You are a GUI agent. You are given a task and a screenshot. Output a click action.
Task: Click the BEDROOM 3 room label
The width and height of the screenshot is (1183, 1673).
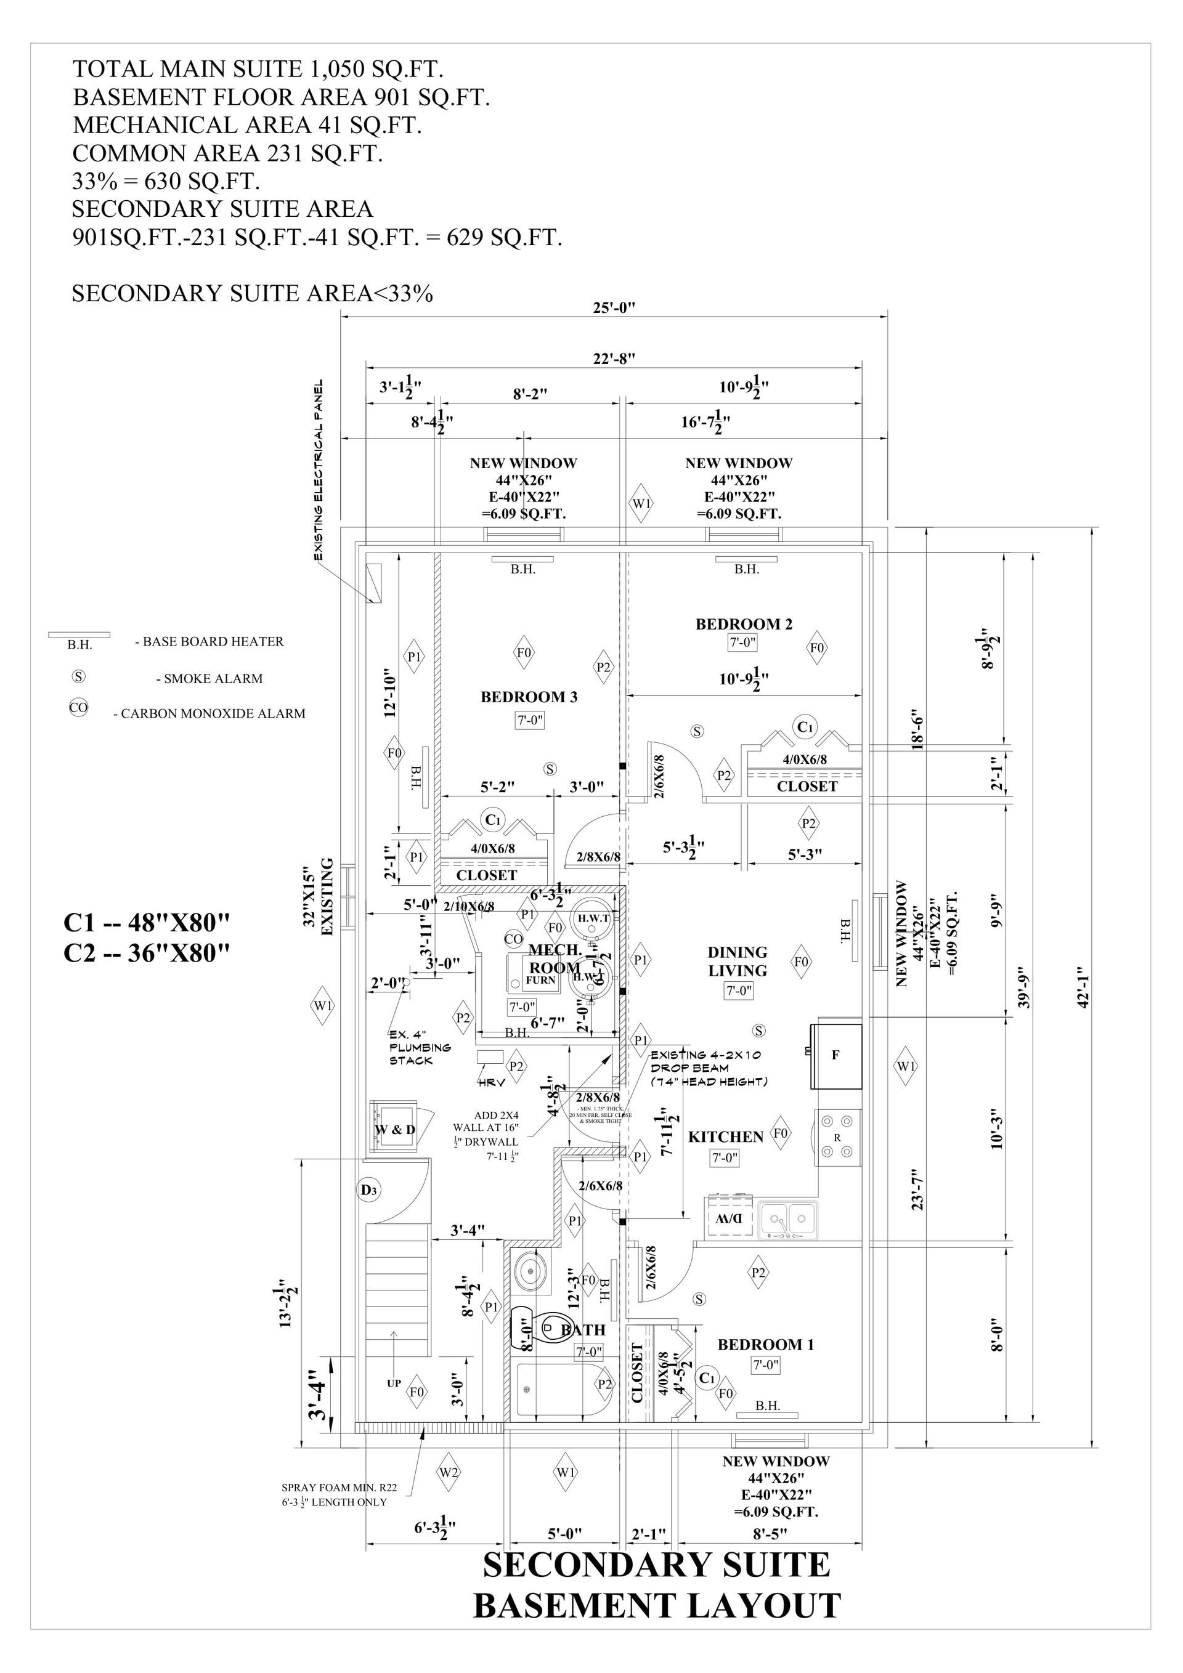point(529,697)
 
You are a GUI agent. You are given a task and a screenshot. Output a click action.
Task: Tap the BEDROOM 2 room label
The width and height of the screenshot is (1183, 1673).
point(744,624)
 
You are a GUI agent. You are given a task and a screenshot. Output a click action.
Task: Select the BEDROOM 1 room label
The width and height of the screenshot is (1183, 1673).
point(765,1344)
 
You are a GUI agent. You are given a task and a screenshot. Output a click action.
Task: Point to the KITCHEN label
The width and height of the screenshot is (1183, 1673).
point(725,1136)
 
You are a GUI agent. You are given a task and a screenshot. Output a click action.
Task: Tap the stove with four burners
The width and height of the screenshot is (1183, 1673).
point(837,1138)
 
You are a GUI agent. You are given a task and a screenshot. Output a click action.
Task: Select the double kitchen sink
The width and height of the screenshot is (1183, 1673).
point(788,1218)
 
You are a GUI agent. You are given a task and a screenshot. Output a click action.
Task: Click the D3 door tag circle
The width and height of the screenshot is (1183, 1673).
point(369,1190)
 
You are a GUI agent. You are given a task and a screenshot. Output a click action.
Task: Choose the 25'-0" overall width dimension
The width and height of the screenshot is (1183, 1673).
point(614,307)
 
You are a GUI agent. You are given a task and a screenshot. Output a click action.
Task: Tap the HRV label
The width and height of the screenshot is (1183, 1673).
point(491,1083)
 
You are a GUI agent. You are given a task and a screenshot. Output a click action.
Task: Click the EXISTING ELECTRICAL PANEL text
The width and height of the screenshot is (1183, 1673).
point(319,470)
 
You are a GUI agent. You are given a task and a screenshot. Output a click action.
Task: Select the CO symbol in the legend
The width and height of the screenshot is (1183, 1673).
point(78,708)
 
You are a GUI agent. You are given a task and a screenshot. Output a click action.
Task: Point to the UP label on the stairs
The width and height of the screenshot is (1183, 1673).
point(394,1383)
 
